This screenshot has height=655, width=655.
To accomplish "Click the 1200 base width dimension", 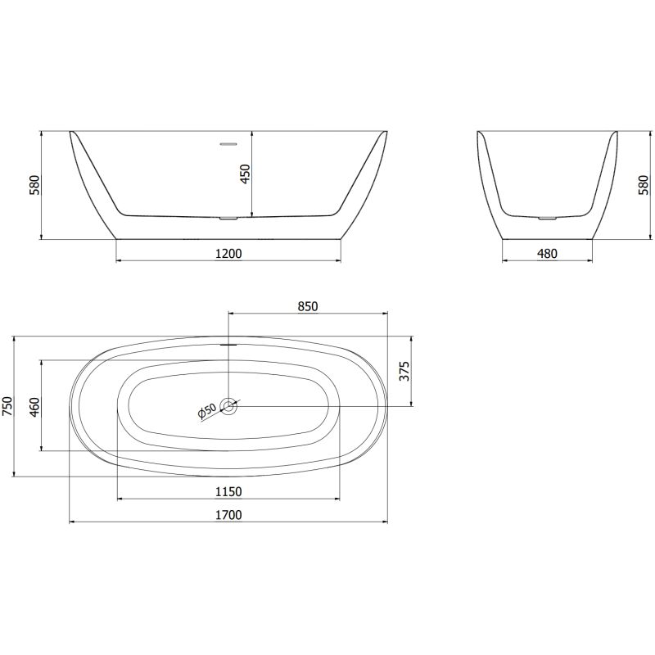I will tap(228, 253).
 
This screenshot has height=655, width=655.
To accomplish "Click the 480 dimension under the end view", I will tap(546, 253).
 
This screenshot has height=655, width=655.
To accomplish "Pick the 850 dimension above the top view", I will tap(307, 306).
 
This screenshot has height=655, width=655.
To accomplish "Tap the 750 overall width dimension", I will tap(8, 406).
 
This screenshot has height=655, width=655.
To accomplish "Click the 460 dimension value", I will tap(34, 406).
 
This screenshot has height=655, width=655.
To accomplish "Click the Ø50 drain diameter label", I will tap(206, 412).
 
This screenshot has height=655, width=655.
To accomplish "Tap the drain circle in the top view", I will tap(229, 405).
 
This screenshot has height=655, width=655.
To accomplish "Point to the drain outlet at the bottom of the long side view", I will tap(228, 219).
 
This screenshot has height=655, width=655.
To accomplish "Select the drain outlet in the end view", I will tap(546, 219).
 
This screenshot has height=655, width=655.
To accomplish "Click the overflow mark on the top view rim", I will tap(228, 344).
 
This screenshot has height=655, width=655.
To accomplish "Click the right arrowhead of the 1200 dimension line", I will tap(338, 260).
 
